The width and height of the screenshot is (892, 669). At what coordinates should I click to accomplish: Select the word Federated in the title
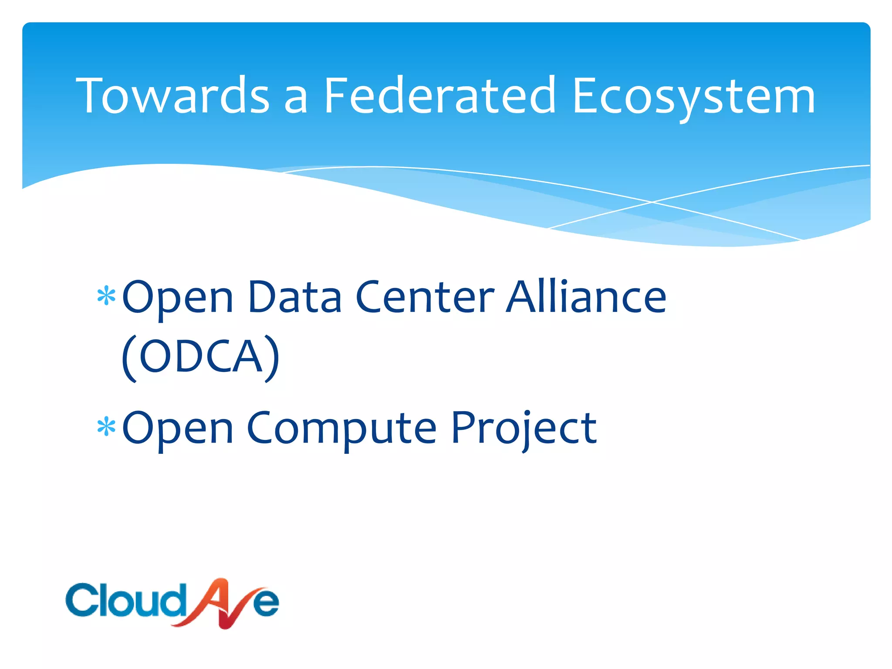click(x=439, y=96)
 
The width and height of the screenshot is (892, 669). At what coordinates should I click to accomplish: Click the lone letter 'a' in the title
click(x=296, y=100)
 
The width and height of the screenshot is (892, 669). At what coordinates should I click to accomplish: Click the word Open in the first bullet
click(x=178, y=298)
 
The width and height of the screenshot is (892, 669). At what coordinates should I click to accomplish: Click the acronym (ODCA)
click(x=200, y=357)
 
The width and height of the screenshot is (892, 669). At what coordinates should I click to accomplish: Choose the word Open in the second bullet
click(x=178, y=429)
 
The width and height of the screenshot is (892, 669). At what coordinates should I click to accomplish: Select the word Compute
click(x=341, y=429)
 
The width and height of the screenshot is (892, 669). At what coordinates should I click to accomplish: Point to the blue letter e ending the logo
click(x=266, y=603)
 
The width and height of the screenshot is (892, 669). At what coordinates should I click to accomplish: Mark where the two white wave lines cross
click(x=652, y=202)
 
